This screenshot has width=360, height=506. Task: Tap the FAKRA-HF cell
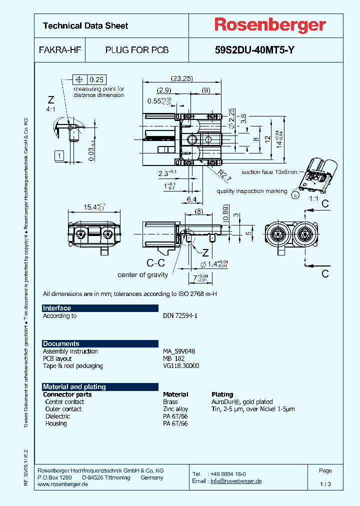click(59, 50)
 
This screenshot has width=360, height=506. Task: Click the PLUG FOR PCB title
click(136, 50)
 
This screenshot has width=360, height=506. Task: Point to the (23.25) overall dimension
click(181, 78)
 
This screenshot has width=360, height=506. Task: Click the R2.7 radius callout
click(224, 174)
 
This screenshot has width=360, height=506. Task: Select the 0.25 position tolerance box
click(96, 79)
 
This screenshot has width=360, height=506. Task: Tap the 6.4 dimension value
click(191, 199)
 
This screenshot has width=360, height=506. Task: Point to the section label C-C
click(156, 262)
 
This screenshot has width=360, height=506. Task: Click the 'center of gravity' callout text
click(142, 274)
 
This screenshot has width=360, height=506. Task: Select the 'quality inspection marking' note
click(251, 191)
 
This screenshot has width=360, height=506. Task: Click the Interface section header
click(57, 308)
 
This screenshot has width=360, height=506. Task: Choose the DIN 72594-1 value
click(180, 316)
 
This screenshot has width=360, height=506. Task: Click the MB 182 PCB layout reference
click(173, 358)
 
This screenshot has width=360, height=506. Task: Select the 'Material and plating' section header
click(74, 387)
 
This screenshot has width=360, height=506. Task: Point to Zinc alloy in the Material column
click(175, 409)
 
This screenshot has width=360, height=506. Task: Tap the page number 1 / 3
click(325, 484)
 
